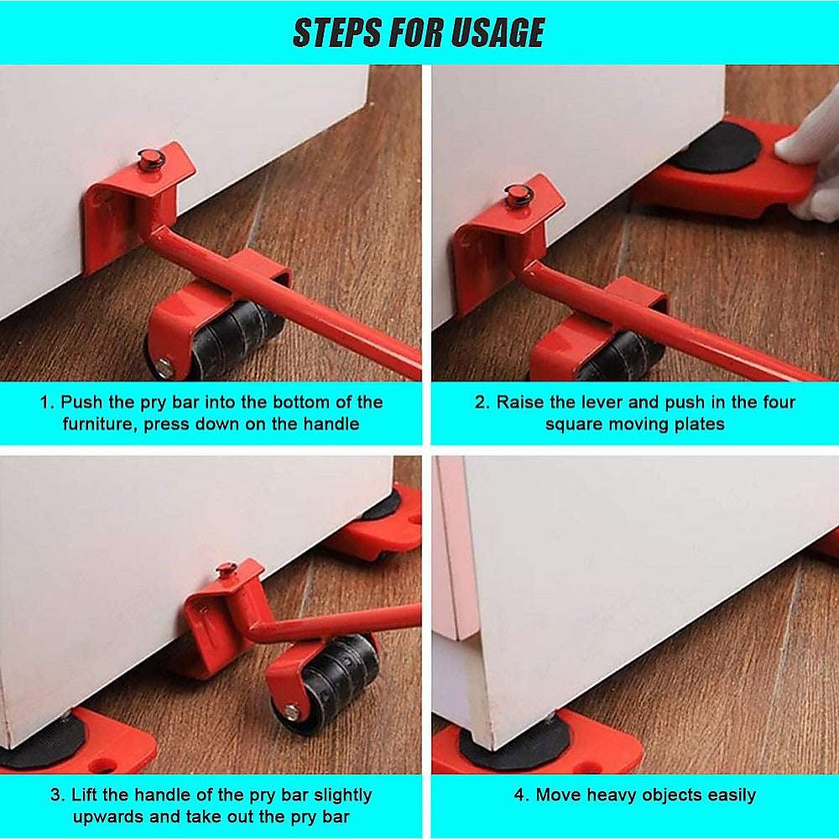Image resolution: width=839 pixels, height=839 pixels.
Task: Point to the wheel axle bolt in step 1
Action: pos(165,367)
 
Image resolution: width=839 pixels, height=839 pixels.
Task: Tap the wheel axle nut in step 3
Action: pos(291,713)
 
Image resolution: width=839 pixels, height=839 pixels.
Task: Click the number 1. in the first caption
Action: pos(47,402)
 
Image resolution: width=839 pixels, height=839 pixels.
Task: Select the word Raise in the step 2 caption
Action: pos(519,402)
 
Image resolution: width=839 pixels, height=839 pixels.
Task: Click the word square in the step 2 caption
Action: pos(573,424)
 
